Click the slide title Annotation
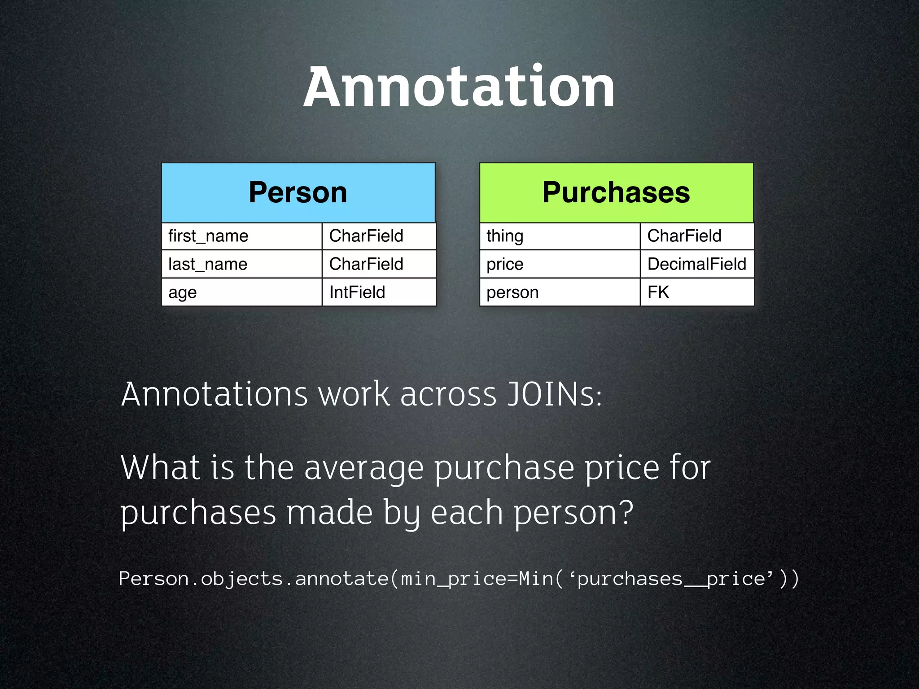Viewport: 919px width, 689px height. click(x=459, y=87)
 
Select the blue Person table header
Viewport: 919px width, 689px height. click(x=298, y=192)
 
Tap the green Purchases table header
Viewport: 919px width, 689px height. click(x=616, y=192)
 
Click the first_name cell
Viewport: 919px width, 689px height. click(x=241, y=236)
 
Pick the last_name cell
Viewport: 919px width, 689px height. click(x=241, y=264)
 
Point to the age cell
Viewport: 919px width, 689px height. click(x=241, y=292)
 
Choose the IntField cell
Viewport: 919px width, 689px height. click(x=379, y=292)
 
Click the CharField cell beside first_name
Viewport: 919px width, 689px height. click(x=379, y=236)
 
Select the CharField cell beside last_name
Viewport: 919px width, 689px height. click(x=379, y=264)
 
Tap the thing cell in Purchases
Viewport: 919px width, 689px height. click(x=560, y=236)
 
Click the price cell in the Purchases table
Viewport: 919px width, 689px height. click(x=560, y=264)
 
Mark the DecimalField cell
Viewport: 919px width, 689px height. click(x=697, y=264)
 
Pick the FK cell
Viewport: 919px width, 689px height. click(x=697, y=292)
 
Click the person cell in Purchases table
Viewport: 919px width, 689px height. click(x=560, y=292)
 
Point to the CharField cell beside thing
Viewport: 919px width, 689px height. click(x=697, y=236)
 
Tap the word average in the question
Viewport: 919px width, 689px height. click(x=364, y=468)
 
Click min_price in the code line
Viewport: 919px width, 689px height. click(x=454, y=579)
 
